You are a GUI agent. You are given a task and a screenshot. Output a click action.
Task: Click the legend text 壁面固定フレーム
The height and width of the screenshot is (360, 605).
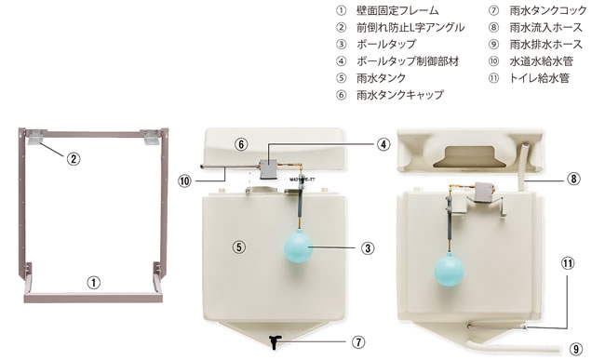(397, 10)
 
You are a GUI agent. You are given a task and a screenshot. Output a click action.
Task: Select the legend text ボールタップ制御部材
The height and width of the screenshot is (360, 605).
(408, 61)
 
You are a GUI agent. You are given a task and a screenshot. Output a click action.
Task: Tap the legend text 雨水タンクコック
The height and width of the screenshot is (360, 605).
(548, 10)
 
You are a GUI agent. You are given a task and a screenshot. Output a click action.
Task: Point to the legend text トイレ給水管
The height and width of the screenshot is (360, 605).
(540, 78)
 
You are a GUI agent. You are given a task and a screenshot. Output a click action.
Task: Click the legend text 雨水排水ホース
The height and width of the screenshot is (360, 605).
(545, 45)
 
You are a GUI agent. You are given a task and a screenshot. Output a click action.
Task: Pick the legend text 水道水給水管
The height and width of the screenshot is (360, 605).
(542, 61)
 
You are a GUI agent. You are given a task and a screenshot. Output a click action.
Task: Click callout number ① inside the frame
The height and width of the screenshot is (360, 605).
(93, 283)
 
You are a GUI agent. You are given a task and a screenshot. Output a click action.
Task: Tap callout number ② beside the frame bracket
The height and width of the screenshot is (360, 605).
(74, 158)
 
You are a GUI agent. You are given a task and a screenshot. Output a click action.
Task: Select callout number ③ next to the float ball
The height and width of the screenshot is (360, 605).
(368, 247)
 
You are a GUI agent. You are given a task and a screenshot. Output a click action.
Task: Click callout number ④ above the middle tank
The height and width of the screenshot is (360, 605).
(383, 144)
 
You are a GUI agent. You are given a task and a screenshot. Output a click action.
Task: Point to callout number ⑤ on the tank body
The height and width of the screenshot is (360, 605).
(239, 247)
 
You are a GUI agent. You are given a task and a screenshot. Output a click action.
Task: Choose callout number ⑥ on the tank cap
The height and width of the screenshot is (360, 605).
(241, 144)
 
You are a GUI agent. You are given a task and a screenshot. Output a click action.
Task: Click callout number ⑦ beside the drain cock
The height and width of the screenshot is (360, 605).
(358, 342)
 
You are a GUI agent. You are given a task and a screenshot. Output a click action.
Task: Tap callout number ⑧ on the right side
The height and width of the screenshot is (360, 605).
(573, 179)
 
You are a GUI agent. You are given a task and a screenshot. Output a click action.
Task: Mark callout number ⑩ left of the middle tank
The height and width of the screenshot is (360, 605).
(184, 180)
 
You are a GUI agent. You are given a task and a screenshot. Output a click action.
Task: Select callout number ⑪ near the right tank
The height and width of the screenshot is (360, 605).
(568, 263)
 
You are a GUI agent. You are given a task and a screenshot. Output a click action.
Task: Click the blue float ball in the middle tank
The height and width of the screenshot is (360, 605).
(298, 246)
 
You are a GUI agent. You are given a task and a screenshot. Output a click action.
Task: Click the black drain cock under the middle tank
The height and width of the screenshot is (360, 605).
(275, 342)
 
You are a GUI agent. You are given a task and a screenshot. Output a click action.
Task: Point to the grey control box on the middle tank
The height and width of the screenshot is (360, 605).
(268, 168)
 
